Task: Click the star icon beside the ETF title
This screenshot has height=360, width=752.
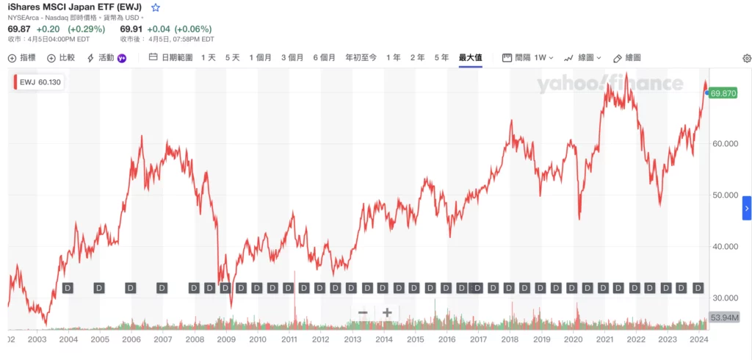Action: click(155, 7)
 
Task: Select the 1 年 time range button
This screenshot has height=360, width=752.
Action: click(393, 57)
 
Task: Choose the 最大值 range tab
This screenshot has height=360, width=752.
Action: click(470, 57)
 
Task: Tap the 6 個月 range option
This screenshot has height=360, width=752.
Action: click(324, 57)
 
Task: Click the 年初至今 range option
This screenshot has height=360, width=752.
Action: click(361, 57)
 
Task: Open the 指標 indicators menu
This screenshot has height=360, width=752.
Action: click(22, 57)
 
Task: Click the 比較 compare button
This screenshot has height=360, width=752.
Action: click(61, 57)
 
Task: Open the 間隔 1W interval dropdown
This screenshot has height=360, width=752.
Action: click(527, 57)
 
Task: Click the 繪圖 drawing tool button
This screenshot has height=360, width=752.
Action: click(627, 57)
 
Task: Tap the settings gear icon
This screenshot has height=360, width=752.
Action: click(747, 58)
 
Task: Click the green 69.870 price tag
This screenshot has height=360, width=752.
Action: click(723, 93)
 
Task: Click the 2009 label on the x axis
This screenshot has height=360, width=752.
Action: click(225, 339)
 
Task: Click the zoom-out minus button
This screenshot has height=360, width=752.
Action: click(363, 313)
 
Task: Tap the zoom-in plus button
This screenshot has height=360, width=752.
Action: click(387, 313)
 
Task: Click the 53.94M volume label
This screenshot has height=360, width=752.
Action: click(723, 318)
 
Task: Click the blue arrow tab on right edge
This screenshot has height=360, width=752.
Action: click(747, 208)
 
